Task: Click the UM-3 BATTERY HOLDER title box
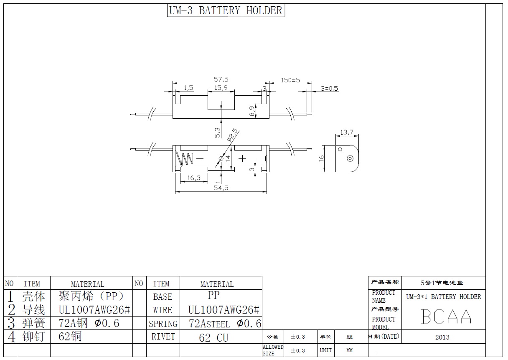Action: point(226,10)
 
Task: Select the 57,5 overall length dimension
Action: point(221,79)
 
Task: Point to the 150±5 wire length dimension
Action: point(290,80)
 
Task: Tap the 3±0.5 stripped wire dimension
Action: point(329,88)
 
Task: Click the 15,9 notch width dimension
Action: point(221,88)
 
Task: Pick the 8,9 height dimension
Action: point(251,111)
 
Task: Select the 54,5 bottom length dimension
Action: point(221,188)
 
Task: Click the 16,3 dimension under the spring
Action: point(193,178)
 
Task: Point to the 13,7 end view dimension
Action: point(347,133)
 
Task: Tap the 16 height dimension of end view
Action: point(321,158)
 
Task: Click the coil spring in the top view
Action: point(184,158)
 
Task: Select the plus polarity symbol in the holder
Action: point(242,158)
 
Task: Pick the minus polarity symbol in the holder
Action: point(199,158)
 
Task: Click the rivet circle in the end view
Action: point(350,158)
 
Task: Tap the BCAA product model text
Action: point(446,317)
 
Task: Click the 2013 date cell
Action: point(442,337)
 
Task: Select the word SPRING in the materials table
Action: point(163,324)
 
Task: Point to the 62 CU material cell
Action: point(214,337)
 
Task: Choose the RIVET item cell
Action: point(163,337)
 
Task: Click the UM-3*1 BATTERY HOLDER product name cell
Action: point(444,297)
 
